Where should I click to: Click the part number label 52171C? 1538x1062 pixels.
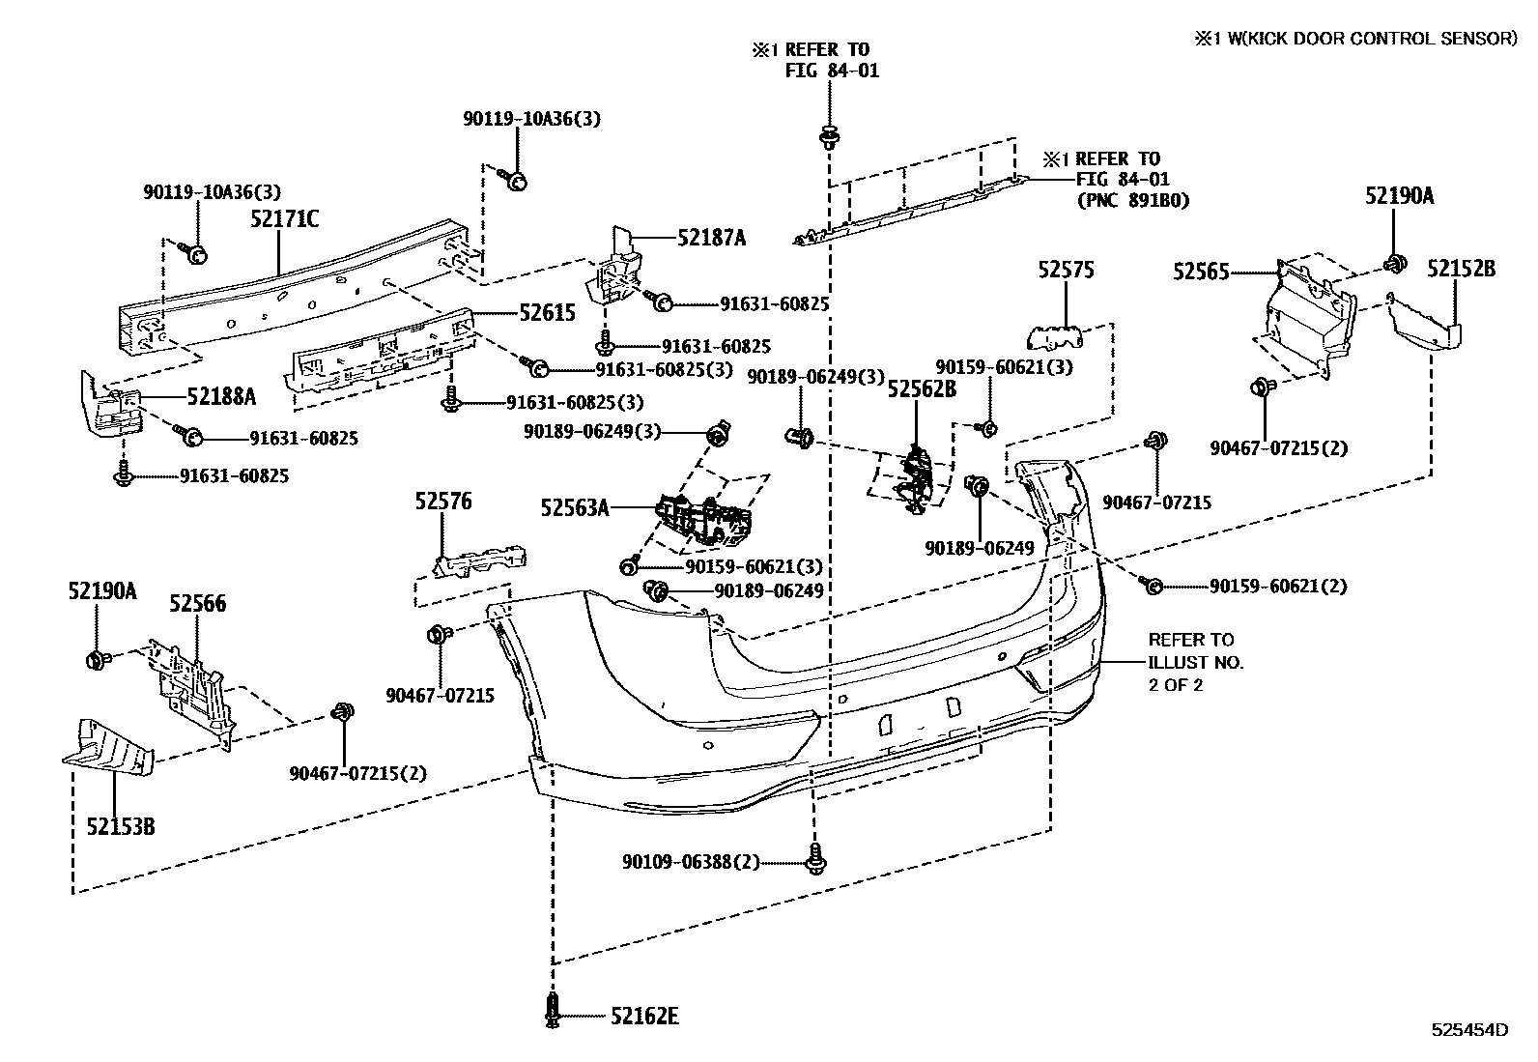pos(284,219)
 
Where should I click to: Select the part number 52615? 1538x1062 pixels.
pos(547,312)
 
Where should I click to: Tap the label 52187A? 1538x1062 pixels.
pos(711,238)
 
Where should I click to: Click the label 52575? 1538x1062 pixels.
pos(1067,271)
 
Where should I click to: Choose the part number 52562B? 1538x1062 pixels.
pos(922,389)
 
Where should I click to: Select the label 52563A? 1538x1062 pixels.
pos(575,506)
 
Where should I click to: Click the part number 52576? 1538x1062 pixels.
pos(443,502)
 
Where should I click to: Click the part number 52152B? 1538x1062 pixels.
pos(1461,269)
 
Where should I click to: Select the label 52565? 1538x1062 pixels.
pos(1201,273)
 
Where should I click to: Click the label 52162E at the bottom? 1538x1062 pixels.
pos(644,1017)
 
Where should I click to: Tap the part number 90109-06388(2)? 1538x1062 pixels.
pos(691,861)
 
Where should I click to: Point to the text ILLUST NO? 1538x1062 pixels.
pos(1196,663)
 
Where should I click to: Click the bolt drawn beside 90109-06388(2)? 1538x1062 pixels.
pos(817,858)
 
